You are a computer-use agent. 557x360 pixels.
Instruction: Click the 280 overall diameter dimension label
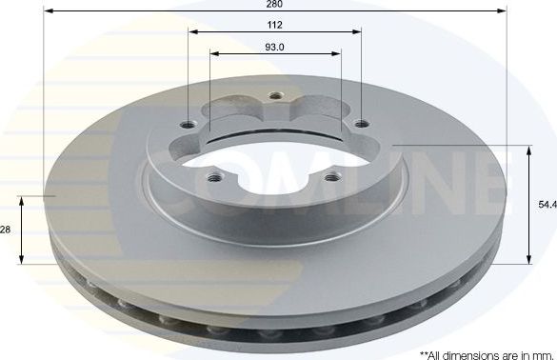click(274, 5)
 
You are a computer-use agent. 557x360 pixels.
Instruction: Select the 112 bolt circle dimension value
click(274, 26)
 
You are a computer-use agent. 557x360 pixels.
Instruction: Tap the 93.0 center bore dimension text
click(274, 47)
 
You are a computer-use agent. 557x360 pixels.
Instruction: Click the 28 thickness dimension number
click(7, 229)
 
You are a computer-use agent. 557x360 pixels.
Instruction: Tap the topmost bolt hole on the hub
click(276, 95)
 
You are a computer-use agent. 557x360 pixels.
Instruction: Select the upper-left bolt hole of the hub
click(193, 124)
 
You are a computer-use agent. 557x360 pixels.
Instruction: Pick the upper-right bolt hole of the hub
click(361, 123)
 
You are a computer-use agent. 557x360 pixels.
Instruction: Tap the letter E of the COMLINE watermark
click(476, 186)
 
